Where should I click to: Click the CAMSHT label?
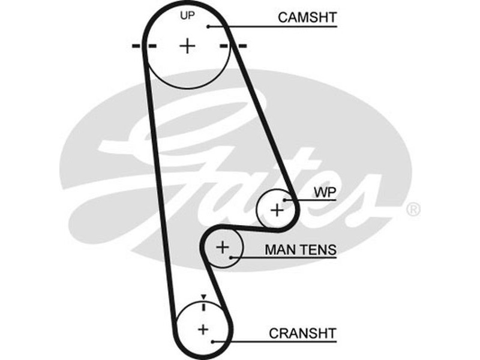307,17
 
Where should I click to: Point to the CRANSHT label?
303,332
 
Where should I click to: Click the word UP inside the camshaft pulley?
188,16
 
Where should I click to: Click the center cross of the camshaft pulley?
188,46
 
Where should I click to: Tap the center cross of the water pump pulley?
277,210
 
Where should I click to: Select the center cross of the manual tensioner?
223,247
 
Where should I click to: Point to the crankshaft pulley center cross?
203,329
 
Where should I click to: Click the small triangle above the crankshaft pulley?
203,297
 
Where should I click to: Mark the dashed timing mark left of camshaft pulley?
144,46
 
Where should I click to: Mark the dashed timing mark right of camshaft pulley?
233,46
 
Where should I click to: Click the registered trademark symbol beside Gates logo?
413,209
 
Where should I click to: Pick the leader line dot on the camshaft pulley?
208,26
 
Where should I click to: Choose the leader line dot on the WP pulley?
286,200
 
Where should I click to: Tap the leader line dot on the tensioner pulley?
230,257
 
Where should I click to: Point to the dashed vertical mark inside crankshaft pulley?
203,307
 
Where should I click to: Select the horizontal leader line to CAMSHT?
270,26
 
